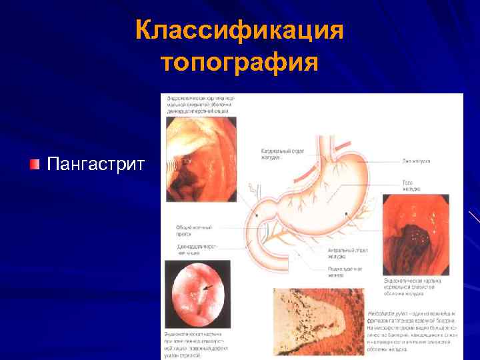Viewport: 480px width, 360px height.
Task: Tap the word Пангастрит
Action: coord(95,164)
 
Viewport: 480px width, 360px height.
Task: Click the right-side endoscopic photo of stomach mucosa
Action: coord(415,234)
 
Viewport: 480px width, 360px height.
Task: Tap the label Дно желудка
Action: coord(417,161)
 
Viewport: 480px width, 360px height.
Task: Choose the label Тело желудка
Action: coord(411,185)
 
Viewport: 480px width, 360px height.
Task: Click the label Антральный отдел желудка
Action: coord(344,253)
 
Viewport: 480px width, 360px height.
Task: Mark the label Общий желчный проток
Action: coord(193,230)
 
